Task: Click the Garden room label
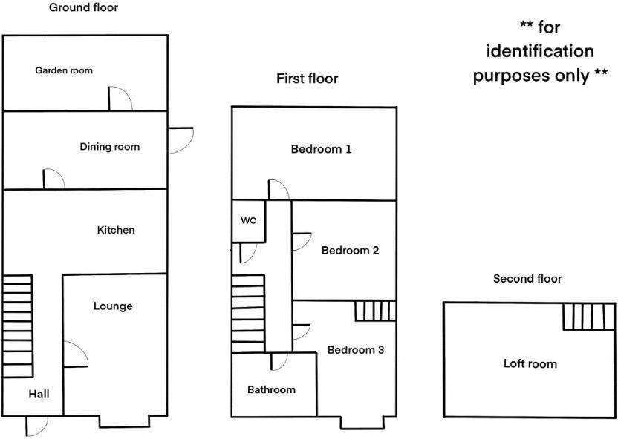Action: click(64, 70)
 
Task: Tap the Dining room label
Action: click(110, 147)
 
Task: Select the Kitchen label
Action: click(116, 230)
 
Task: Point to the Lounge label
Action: click(113, 306)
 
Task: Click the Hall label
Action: click(39, 394)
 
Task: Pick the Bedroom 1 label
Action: click(321, 149)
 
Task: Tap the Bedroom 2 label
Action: click(351, 250)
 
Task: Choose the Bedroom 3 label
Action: click(356, 350)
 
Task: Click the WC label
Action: click(249, 221)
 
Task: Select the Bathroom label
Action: click(272, 389)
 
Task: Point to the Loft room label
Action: click(530, 363)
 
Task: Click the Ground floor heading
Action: click(83, 7)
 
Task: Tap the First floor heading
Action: click(308, 79)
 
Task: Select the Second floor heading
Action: click(527, 279)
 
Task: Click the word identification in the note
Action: click(540, 51)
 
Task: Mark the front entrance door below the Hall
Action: click(36, 426)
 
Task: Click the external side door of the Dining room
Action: click(180, 140)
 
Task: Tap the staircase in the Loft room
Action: click(589, 316)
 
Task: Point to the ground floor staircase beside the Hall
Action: click(17, 326)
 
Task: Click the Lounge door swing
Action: click(76, 354)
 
